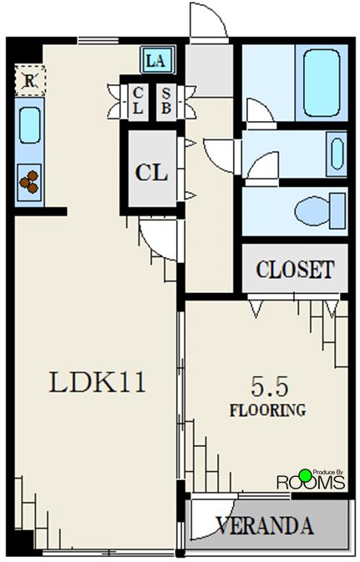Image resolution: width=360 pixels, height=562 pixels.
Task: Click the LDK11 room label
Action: click(x=98, y=382)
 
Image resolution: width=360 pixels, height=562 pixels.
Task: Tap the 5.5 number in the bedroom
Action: click(x=270, y=387)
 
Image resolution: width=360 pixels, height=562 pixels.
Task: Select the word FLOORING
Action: click(x=267, y=410)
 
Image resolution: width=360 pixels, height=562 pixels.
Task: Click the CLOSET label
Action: click(x=295, y=269)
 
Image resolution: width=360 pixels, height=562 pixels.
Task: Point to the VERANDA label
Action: click(x=265, y=526)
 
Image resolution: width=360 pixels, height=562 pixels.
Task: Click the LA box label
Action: click(x=157, y=60)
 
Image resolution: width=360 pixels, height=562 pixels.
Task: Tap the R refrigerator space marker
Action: click(x=30, y=81)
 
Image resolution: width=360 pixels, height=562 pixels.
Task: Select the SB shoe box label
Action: click(x=166, y=100)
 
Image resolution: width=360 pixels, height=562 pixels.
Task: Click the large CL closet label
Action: click(x=151, y=173)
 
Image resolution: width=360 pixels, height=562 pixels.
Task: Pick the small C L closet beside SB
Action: click(x=138, y=101)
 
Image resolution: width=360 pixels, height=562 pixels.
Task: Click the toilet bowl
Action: click(x=312, y=210)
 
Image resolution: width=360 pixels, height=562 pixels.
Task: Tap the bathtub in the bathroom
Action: click(x=322, y=83)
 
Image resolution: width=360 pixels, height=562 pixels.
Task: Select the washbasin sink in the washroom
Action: click(x=337, y=154)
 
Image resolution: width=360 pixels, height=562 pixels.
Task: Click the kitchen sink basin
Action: click(x=30, y=125)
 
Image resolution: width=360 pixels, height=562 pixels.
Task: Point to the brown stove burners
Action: click(x=29, y=181)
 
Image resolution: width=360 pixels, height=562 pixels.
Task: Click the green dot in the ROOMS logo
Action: click(x=306, y=475)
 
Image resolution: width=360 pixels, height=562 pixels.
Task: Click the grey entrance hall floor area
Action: click(x=209, y=70)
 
